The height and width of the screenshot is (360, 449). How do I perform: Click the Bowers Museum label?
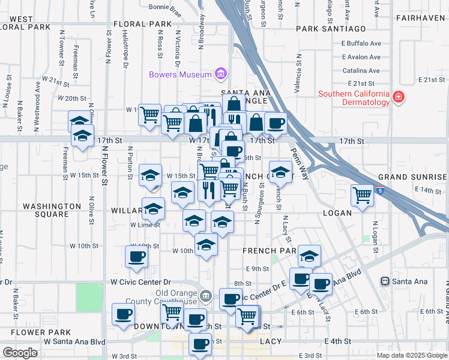tap(180, 74)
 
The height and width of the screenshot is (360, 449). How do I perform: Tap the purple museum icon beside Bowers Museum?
tap(221, 74)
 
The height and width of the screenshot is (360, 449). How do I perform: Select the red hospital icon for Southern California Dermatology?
tap(397, 97)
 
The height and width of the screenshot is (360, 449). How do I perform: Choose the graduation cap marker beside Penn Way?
tap(280, 172)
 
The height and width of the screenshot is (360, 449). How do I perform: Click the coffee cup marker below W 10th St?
tap(136, 257)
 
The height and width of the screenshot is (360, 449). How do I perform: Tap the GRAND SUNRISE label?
tap(413, 178)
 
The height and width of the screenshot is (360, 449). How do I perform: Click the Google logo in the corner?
tap(20, 353)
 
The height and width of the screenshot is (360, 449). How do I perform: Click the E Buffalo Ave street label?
tap(361, 43)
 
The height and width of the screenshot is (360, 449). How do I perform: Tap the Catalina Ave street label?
tap(362, 70)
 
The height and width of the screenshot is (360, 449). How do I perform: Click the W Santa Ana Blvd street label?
tap(74, 341)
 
